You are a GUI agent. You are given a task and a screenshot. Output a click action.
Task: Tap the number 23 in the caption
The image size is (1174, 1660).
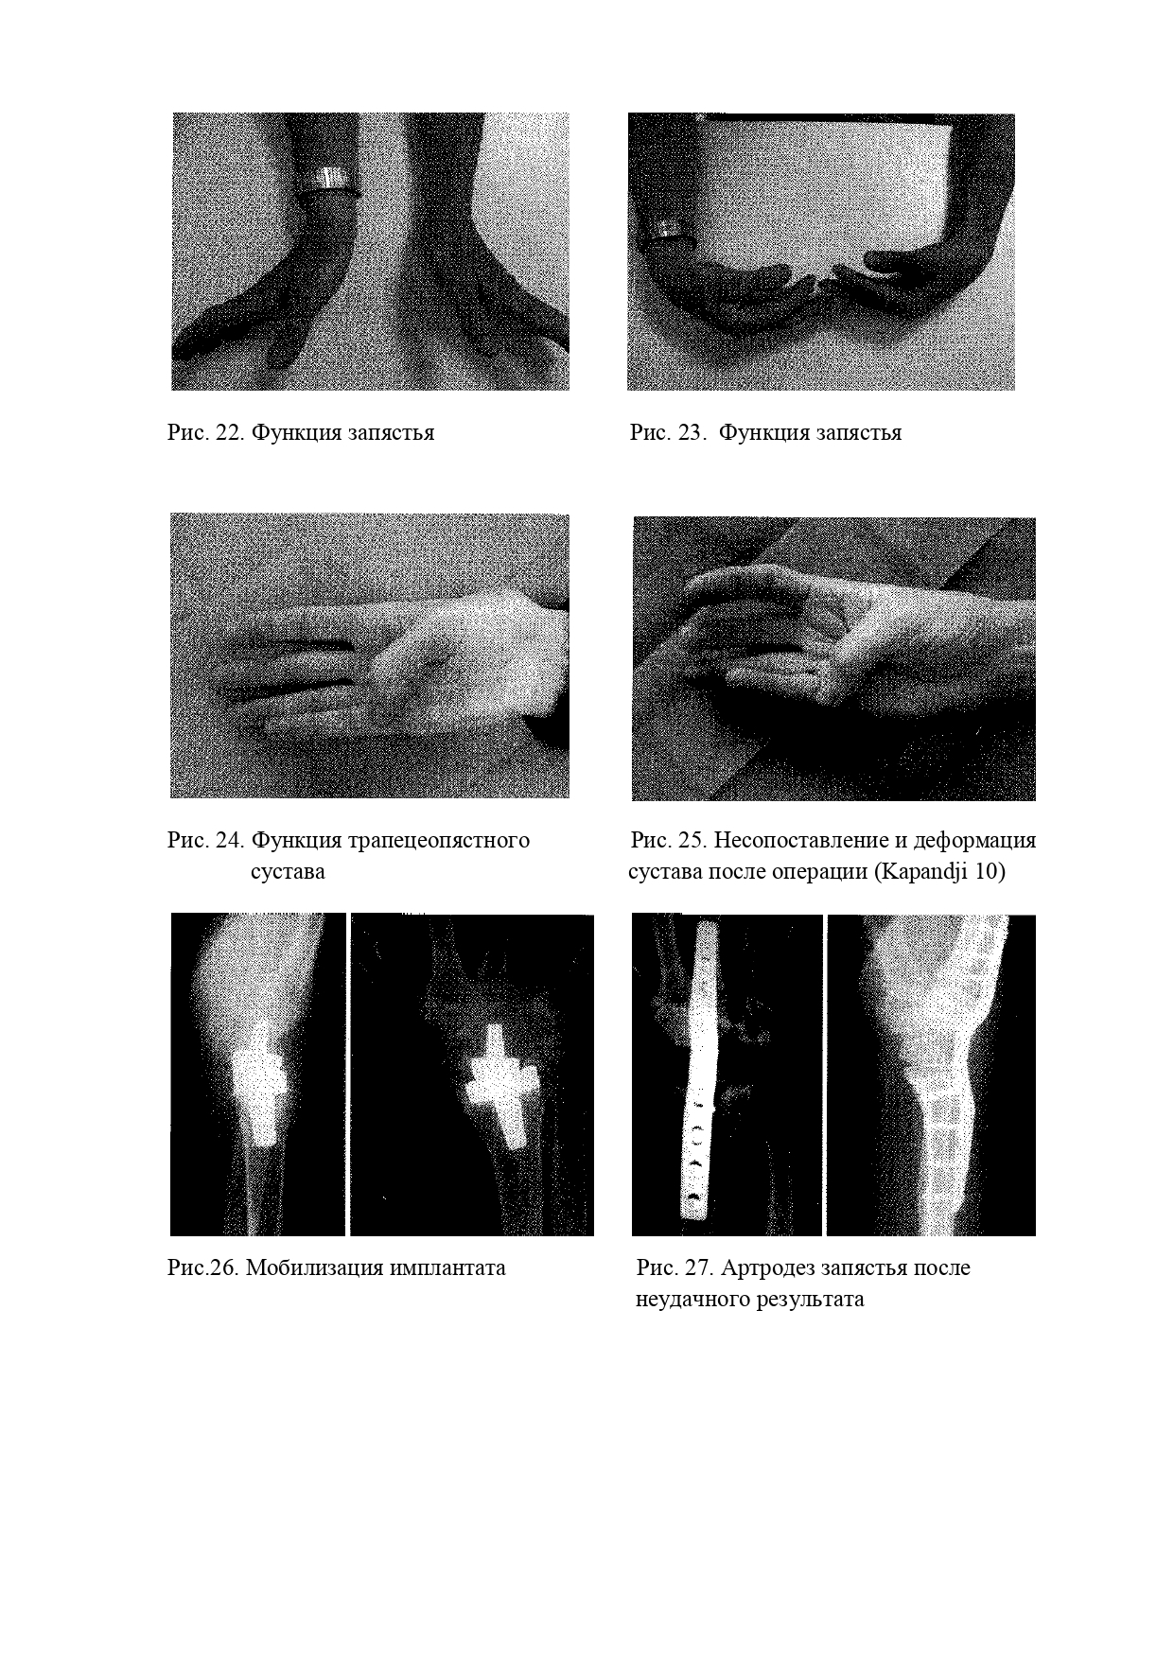pos(692,433)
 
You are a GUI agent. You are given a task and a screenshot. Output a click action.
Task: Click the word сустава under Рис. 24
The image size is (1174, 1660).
pos(288,872)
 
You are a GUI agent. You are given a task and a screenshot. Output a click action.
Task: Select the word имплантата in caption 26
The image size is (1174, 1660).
pos(447,1268)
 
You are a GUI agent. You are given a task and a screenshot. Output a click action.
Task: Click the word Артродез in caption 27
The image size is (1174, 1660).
pos(765,1268)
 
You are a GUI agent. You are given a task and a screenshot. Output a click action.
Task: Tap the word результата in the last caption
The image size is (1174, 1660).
pos(810,1300)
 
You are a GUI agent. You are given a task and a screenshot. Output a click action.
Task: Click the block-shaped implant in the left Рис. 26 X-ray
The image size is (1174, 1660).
pos(259,1088)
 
